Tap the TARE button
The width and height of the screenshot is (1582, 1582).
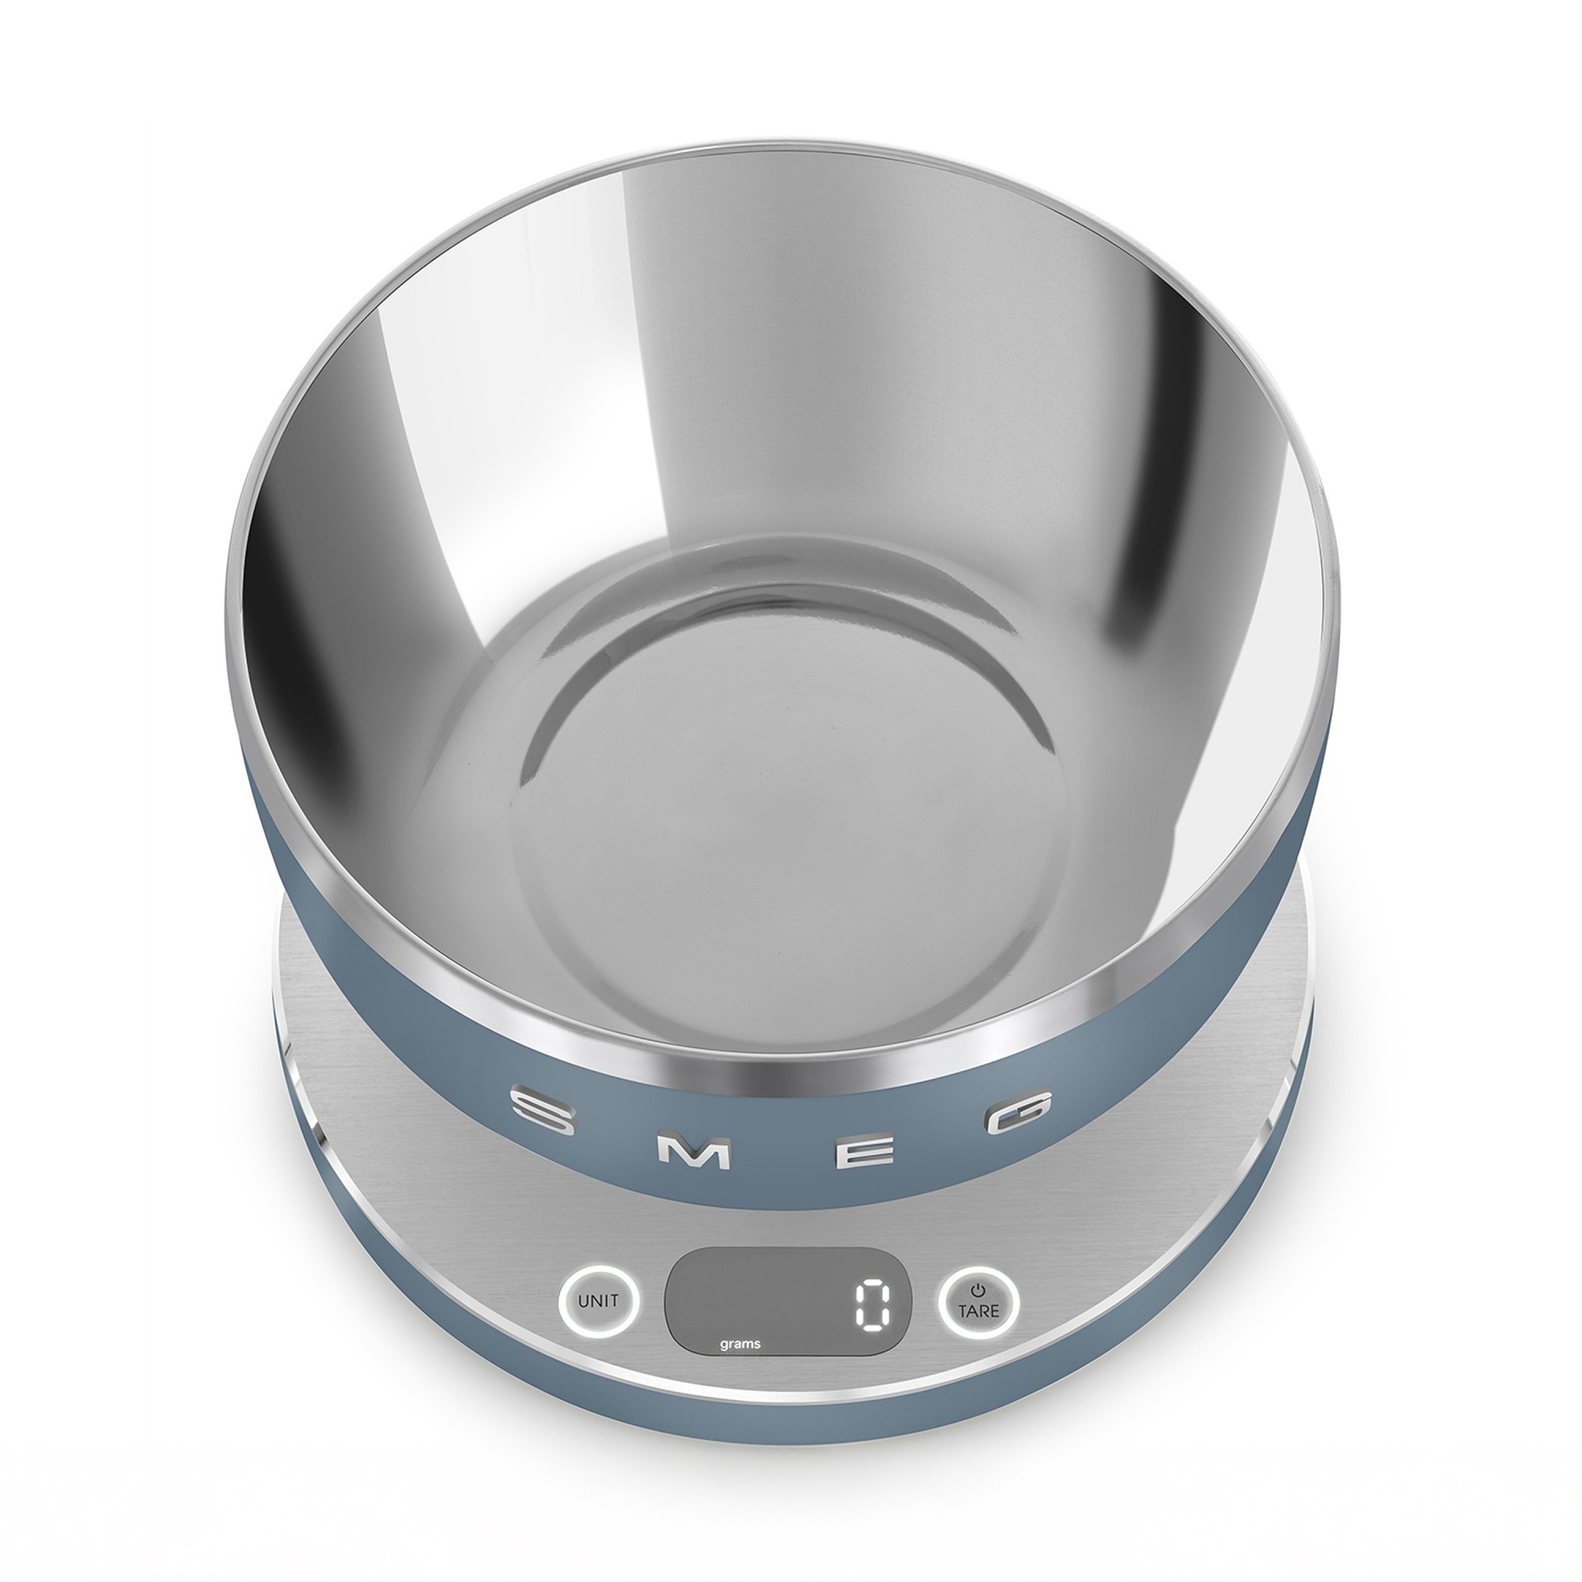pos(979,1300)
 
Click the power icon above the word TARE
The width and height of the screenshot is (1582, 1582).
pos(979,1288)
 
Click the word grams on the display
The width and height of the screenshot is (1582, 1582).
pos(740,1344)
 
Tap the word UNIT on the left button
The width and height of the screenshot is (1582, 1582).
pos(598,1300)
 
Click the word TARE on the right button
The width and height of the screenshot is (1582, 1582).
pos(979,1311)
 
